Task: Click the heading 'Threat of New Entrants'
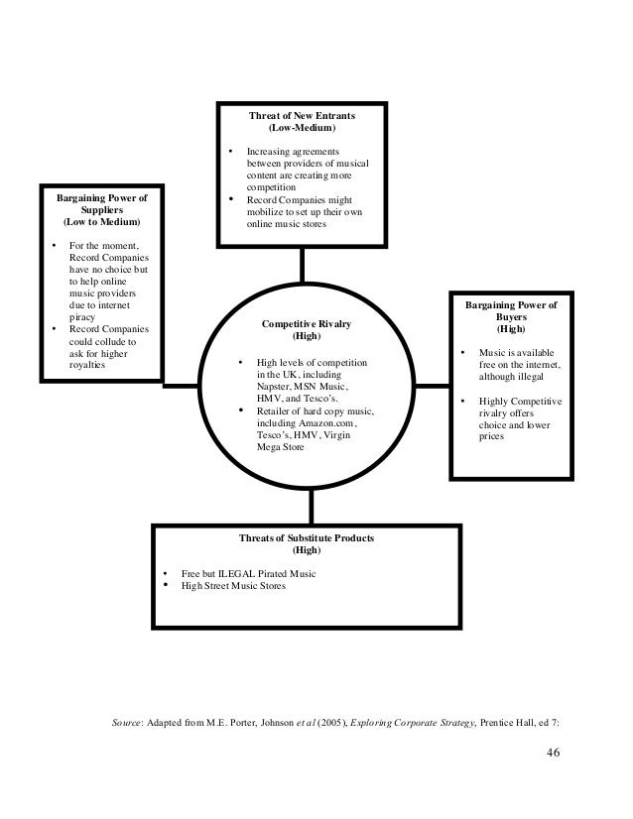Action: point(302,116)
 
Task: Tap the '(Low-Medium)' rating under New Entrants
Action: point(302,129)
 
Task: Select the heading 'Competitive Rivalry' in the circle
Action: point(307,323)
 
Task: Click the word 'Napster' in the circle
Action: point(275,388)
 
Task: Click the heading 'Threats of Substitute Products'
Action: point(307,537)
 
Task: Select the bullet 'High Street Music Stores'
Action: point(232,586)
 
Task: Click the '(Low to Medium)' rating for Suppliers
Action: point(102,222)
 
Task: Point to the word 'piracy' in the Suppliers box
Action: point(84,318)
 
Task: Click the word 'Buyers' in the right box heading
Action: point(512,317)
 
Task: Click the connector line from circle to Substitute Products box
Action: point(311,507)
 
